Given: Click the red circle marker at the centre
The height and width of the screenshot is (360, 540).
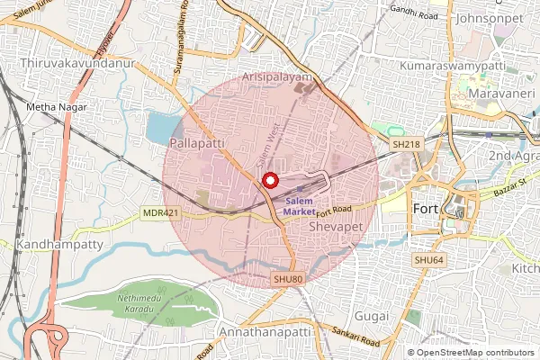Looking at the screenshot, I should click(268, 180).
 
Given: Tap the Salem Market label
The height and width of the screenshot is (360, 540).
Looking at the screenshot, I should click(301, 205).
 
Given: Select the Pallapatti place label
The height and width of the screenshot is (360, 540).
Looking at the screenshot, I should click(197, 143).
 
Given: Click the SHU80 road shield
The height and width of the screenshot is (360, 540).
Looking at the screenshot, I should click(288, 280).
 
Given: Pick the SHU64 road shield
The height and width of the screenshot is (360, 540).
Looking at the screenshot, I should click(429, 260).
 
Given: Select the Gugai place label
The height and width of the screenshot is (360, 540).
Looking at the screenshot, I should click(371, 316).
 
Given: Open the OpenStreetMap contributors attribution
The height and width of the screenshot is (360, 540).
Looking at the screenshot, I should click(475, 353).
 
